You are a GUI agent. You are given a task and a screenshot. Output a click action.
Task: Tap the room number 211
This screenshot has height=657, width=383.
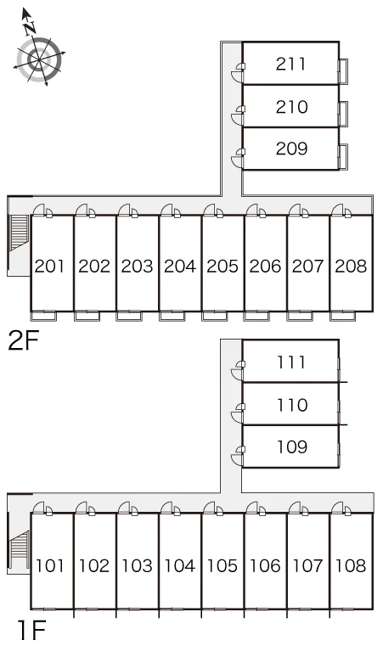tap(290, 64)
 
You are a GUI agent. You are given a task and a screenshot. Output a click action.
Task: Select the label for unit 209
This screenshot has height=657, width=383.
tap(291, 149)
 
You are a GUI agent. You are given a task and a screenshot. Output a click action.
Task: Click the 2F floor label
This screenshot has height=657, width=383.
tap(24, 341)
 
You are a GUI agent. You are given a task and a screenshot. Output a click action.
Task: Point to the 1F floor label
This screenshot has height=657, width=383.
tap(31, 630)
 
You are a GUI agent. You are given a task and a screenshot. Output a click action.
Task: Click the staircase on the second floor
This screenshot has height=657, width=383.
tap(20, 233)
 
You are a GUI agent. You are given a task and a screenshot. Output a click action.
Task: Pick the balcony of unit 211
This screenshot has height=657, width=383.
tap(343, 70)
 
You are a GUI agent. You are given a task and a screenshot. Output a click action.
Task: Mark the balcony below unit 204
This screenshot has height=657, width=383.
tap(172, 316)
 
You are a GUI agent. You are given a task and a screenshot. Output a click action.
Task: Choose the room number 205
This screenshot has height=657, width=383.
tap(222, 266)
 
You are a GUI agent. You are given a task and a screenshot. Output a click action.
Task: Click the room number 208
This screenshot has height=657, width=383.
tap(351, 266)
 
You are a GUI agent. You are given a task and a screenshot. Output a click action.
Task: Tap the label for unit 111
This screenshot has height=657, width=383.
tap(290, 362)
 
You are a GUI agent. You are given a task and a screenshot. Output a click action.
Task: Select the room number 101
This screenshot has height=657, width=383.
tap(49, 565)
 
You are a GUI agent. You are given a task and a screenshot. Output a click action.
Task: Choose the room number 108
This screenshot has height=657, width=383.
tap(351, 565)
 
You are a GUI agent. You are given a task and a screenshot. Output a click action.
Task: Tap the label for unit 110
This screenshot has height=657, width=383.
tap(291, 405)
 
